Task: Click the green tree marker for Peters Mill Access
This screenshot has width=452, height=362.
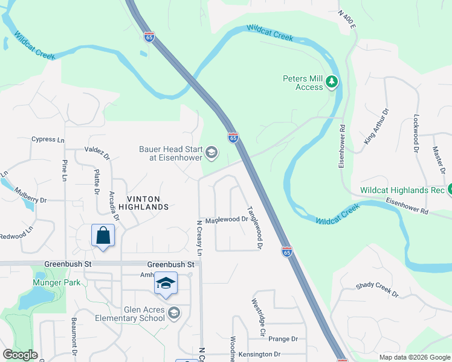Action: [331, 81]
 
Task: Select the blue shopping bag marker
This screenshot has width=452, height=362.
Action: [103, 235]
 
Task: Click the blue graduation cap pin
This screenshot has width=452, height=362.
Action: [166, 284]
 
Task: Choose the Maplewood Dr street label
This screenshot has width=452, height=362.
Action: [227, 220]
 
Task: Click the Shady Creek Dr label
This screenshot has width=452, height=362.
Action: [377, 290]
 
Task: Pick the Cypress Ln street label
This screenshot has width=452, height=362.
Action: [48, 139]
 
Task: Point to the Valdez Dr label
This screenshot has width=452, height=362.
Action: [97, 153]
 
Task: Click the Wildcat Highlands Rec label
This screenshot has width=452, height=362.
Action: [402, 189]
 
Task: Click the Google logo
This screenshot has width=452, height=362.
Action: [20, 355]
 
